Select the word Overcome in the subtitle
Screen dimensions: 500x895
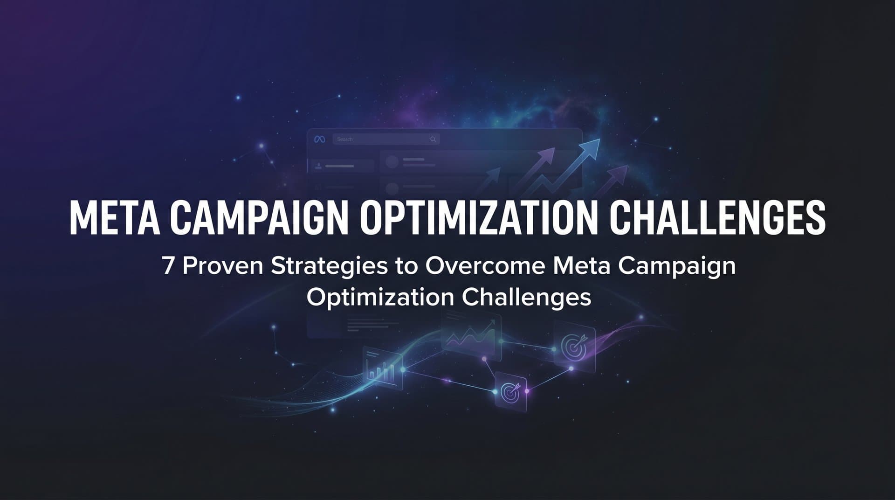point(485,266)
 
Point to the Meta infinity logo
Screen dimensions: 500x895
point(319,139)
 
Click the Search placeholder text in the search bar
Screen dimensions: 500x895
point(345,139)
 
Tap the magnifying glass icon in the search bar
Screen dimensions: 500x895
point(433,139)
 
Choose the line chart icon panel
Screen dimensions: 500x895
point(471,334)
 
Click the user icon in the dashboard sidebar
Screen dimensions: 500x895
point(318,166)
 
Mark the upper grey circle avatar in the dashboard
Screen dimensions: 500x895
point(392,162)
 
